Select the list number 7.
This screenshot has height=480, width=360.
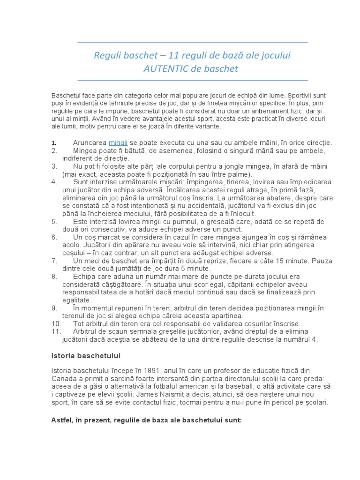(x=54, y=260)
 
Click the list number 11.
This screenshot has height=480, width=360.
(x=56, y=331)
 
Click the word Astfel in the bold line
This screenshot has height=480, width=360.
(x=61, y=420)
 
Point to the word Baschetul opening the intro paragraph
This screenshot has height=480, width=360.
(x=67, y=95)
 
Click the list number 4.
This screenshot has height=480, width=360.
(x=54, y=181)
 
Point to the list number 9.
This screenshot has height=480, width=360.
(x=54, y=308)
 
